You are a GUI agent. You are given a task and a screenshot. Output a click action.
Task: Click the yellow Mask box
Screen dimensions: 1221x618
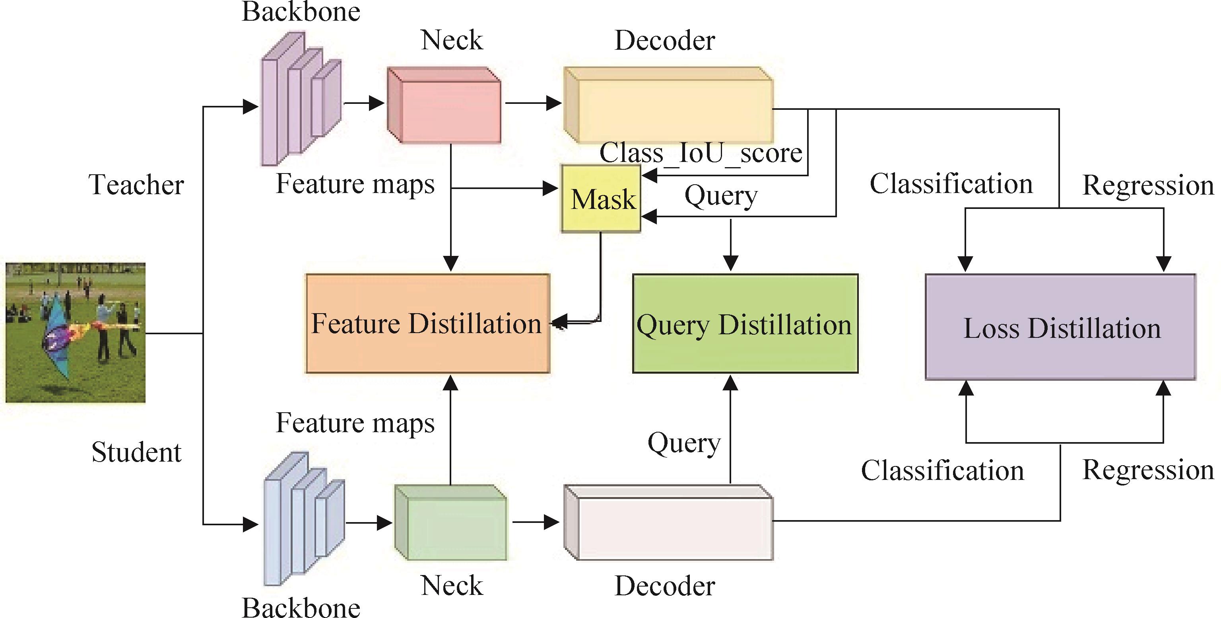coord(600,198)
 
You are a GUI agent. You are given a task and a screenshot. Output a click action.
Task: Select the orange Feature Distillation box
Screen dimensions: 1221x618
coord(427,324)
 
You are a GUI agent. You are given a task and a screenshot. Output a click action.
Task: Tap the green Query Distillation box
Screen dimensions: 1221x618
coord(745,324)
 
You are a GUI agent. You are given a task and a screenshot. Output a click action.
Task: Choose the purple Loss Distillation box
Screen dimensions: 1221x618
coord(1060,327)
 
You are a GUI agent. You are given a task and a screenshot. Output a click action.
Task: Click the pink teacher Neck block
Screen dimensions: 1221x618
coord(444,105)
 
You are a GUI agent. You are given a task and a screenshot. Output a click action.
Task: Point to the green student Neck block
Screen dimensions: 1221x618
coord(451,522)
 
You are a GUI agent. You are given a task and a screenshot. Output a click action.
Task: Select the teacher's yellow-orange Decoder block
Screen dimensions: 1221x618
coord(668,105)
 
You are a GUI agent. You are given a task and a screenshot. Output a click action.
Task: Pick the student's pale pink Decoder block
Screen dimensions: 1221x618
coord(668,522)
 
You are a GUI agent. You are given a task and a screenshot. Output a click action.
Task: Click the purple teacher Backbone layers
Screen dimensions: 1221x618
coord(301,99)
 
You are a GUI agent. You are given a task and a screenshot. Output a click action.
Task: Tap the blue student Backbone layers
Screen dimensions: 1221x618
coord(304,519)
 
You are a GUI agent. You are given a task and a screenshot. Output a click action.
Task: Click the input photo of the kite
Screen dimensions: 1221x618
coord(76,333)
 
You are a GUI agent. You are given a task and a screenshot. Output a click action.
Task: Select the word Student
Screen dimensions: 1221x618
coord(136,452)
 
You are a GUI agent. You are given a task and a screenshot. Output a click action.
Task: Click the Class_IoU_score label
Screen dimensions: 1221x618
coord(701,153)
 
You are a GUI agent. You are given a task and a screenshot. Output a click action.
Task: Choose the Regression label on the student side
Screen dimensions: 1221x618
coord(1148,470)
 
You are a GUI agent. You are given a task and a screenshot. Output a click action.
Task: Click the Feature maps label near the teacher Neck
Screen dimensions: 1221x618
coord(355,184)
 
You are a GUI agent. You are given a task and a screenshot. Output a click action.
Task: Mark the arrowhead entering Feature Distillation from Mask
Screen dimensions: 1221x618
coord(559,322)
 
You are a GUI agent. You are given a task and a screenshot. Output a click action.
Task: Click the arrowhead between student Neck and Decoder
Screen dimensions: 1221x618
coord(552,522)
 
